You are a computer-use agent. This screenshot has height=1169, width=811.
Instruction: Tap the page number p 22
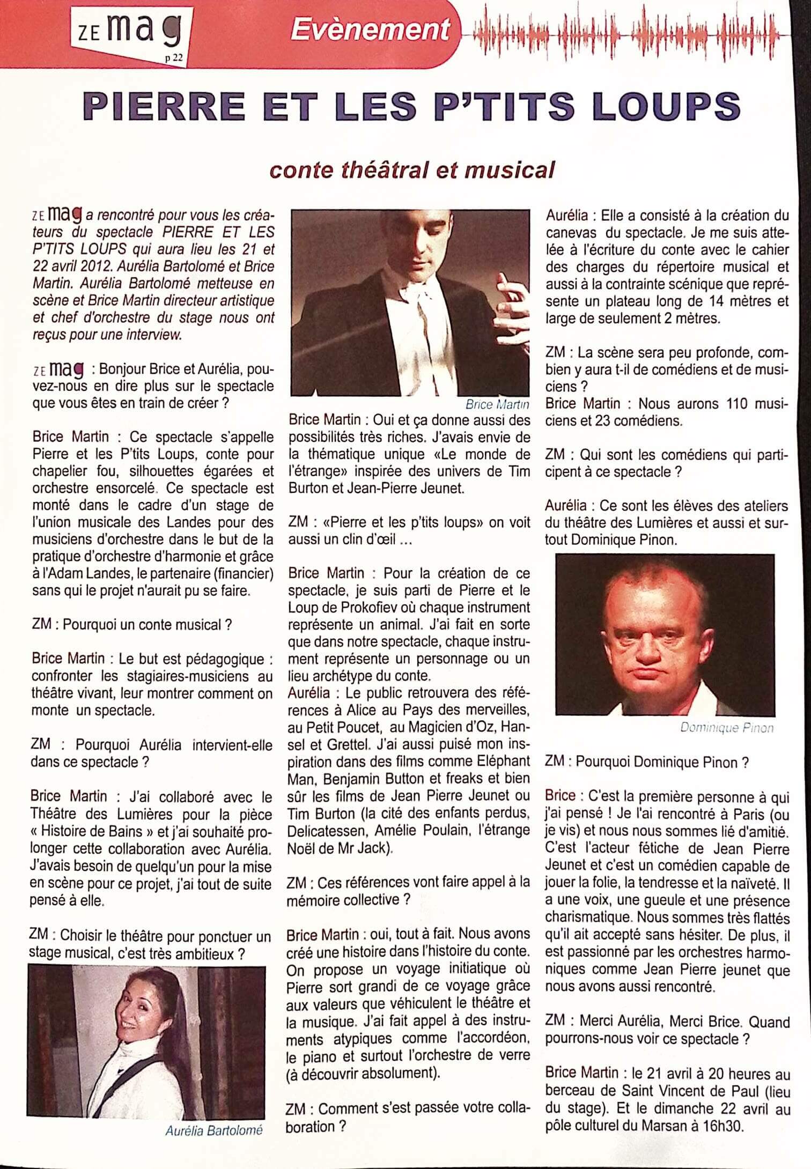coord(174,59)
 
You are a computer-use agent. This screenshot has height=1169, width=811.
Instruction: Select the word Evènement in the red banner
coord(370,30)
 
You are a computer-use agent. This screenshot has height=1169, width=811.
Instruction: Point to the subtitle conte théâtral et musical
coord(411,170)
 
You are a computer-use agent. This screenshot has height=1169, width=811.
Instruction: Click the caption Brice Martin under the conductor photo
coord(497,404)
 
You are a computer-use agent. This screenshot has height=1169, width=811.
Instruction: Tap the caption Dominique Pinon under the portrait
coord(727,728)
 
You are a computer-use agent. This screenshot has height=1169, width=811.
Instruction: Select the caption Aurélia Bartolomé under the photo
coord(214,1131)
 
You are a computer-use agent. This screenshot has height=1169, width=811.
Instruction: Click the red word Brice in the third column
coord(560,796)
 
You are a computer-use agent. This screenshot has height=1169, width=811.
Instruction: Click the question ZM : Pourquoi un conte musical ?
coord(132,625)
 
